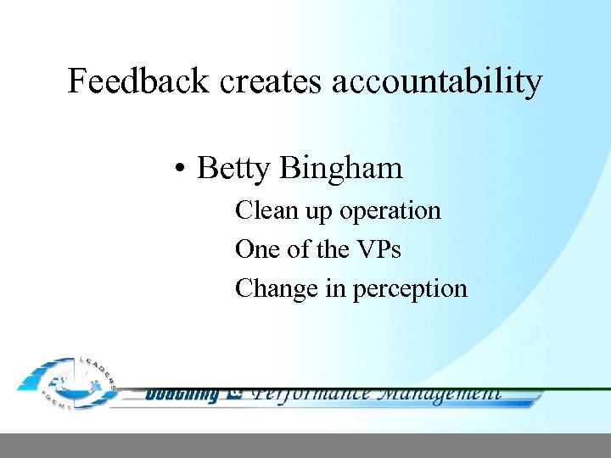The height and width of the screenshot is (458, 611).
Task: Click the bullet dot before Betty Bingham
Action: point(181,170)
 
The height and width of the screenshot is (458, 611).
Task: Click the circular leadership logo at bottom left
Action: point(68,384)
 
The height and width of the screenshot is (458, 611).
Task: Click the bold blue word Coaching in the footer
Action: point(182,394)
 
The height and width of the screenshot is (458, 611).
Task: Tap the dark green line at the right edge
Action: point(577,389)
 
